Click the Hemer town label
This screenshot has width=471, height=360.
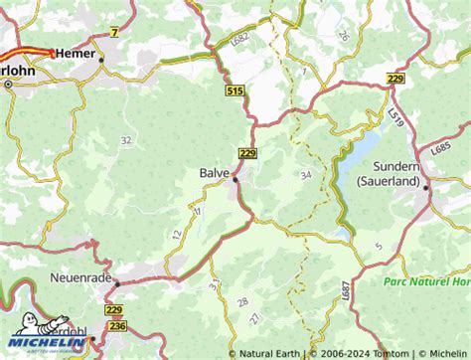click(77, 52)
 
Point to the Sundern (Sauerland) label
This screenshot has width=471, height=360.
click(431, 165)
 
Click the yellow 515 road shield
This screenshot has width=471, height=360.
click(235, 91)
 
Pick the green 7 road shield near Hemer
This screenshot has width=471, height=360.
click(114, 33)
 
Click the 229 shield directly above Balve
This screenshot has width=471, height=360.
click(247, 152)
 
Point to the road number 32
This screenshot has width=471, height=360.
click(125, 140)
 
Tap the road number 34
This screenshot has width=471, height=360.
click(304, 175)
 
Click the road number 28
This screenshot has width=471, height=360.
click(242, 301)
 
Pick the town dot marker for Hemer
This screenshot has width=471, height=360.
click(101, 59)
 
